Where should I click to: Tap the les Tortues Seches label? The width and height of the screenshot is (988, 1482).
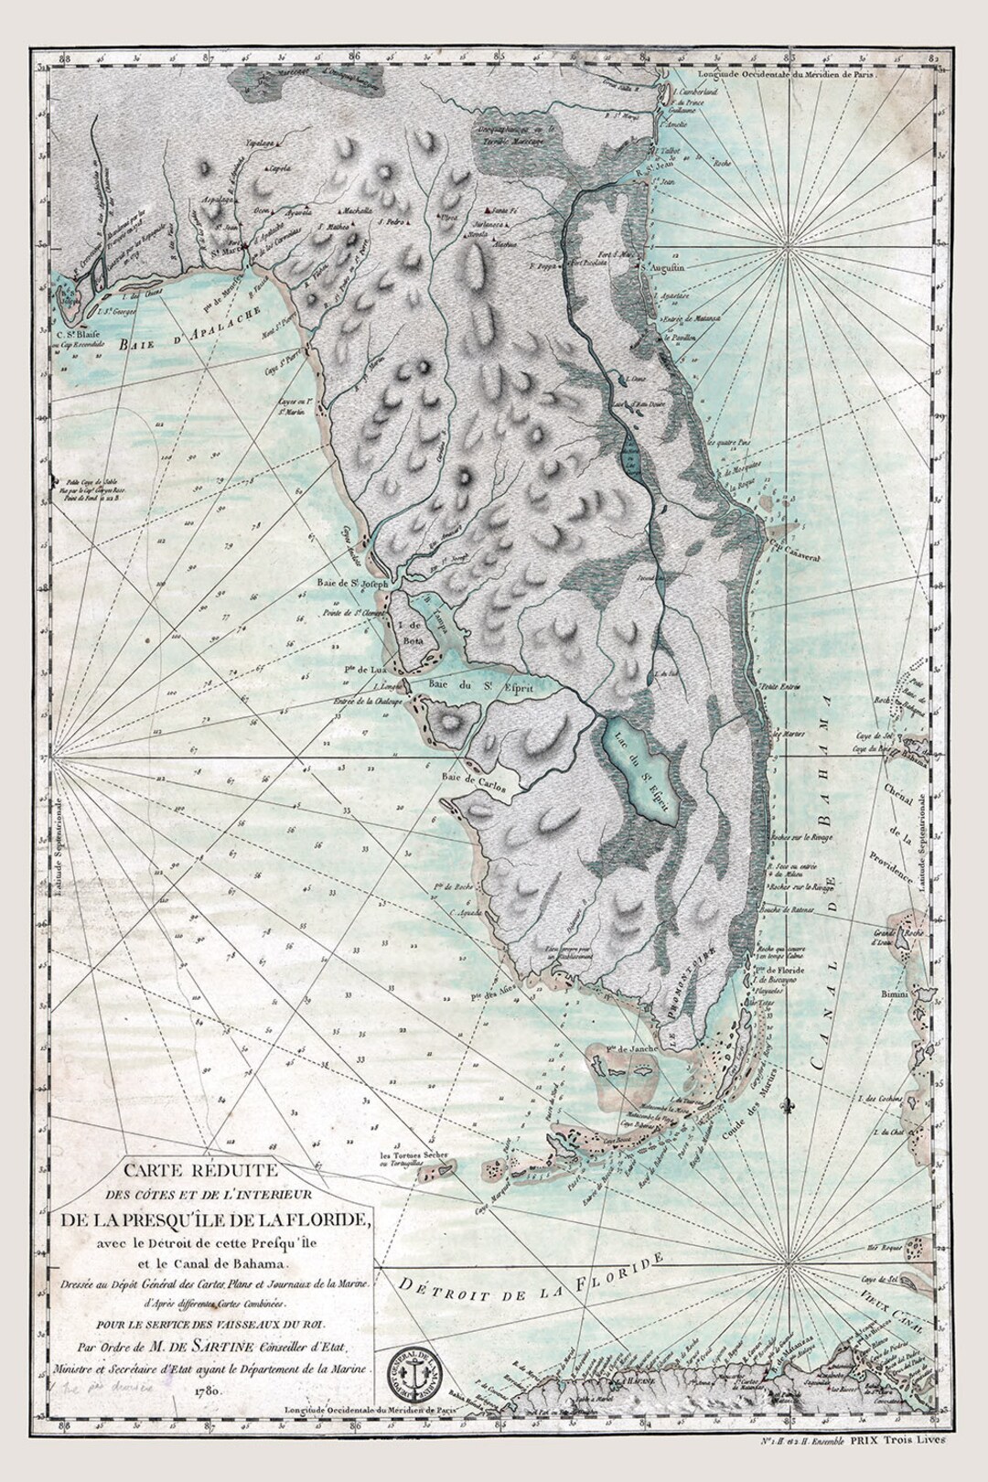[415, 1155]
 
